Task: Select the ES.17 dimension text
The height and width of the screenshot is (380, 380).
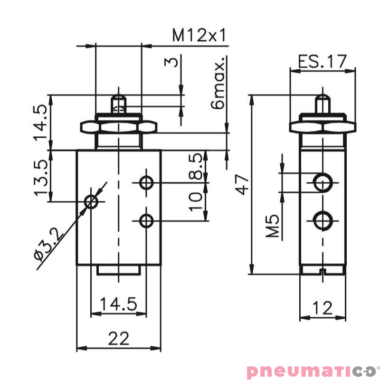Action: [x=323, y=61]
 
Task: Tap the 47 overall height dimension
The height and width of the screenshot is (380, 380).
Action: [x=243, y=184]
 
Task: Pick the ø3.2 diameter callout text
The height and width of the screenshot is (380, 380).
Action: [x=49, y=243]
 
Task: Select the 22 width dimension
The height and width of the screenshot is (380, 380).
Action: [x=118, y=338]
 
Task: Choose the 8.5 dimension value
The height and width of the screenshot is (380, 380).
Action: [x=196, y=166]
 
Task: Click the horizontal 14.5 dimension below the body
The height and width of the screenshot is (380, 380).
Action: [x=118, y=304]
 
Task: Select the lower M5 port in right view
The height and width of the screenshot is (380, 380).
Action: [x=323, y=220]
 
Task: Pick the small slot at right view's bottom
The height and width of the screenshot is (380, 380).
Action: [x=323, y=272]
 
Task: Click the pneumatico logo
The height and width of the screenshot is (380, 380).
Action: [x=311, y=370]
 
